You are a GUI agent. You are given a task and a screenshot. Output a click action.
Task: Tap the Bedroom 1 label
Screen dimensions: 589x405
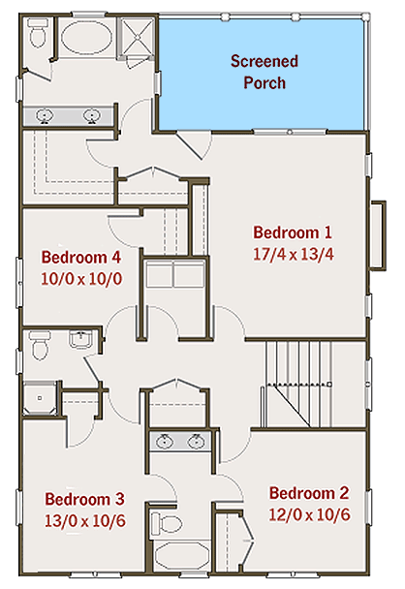point(293,232)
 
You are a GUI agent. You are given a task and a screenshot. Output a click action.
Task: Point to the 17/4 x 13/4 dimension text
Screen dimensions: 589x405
point(293,256)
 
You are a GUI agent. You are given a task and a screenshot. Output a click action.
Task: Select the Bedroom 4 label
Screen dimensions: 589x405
point(81,258)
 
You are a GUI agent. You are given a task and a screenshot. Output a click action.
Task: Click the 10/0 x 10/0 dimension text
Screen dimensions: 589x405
point(80,279)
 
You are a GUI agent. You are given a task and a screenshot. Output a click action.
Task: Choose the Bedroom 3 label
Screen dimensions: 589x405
point(84,499)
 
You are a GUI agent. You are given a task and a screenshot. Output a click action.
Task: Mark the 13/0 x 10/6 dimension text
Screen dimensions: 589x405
point(84,520)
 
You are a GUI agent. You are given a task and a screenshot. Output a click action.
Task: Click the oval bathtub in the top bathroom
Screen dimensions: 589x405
point(88,40)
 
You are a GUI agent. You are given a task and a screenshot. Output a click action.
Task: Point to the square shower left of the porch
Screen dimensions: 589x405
point(137,40)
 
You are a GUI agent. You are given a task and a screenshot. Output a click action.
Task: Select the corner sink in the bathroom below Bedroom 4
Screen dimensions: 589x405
point(80,339)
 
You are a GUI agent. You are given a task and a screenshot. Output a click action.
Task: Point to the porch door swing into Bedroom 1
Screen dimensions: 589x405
point(197,145)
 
